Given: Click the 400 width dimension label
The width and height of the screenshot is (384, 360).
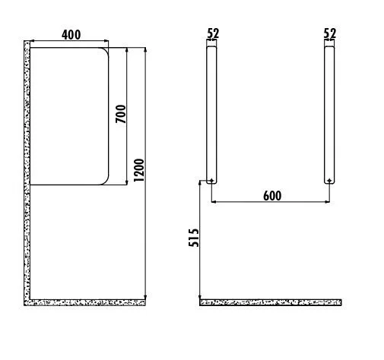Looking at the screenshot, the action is pyautogui.click(x=71, y=35).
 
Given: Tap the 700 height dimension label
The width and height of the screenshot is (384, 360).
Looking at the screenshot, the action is pyautogui.click(x=121, y=114).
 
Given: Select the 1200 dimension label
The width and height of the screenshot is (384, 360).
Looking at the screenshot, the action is pyautogui.click(x=139, y=170).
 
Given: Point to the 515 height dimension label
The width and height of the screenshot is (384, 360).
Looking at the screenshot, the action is pyautogui.click(x=194, y=238).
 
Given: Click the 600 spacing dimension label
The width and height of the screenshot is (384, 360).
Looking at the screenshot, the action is pyautogui.click(x=272, y=196).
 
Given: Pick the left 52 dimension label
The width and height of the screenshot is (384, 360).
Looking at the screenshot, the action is pyautogui.click(x=213, y=33).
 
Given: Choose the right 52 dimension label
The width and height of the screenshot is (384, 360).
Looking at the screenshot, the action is pyautogui.click(x=330, y=33).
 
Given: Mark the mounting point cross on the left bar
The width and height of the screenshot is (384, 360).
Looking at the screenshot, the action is pyautogui.click(x=211, y=181).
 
